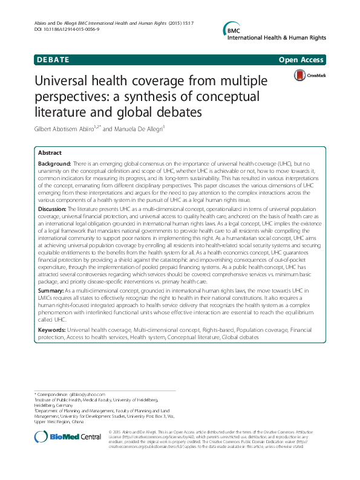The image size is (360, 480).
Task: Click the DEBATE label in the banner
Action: tap(52, 60)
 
